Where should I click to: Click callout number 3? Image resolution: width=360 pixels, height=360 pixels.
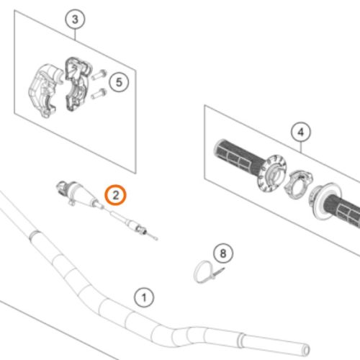75,19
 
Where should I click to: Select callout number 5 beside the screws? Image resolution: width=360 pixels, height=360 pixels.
119,82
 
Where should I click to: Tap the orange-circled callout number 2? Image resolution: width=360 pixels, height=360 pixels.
115,195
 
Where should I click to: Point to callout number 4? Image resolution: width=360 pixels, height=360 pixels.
301,132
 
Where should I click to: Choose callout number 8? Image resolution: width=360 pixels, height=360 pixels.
223,253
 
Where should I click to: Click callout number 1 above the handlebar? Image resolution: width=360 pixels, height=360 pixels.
144,297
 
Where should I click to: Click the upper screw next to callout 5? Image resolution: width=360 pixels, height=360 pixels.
99,74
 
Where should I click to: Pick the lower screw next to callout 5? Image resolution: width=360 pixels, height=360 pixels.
99,94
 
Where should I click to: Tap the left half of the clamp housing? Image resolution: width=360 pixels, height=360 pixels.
45,89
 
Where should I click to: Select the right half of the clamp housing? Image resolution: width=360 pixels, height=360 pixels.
77,84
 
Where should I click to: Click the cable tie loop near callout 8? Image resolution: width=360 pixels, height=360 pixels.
201,271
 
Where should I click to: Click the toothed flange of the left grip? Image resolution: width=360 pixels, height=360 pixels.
271,174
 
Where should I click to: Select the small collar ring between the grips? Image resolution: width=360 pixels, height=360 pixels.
298,184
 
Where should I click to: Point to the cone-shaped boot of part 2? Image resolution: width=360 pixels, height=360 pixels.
83,194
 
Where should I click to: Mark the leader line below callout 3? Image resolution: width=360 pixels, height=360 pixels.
75,35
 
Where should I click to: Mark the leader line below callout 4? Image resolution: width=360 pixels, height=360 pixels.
301,147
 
